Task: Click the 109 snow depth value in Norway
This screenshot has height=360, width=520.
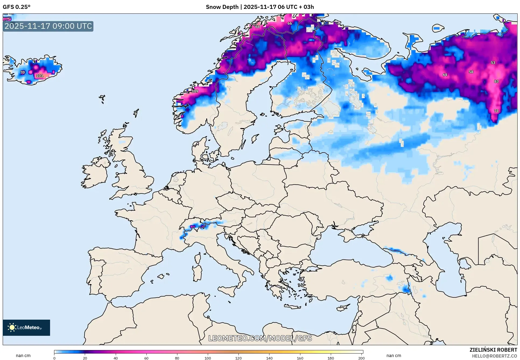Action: pos(195,91)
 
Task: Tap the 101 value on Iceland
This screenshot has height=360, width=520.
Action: pos(40,76)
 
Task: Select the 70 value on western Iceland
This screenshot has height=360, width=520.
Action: pos(23,72)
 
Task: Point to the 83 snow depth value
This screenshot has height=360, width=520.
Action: pos(496,81)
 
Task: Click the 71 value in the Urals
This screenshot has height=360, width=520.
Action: pos(496,111)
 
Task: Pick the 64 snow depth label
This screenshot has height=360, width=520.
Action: pos(445,75)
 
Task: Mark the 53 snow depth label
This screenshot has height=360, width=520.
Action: pos(493,63)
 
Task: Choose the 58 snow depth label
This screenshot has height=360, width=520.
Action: pos(471,72)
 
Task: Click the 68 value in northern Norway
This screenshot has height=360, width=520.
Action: pos(258,27)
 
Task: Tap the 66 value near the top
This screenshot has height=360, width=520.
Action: pos(290,23)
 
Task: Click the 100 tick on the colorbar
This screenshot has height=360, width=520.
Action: pos(208,358)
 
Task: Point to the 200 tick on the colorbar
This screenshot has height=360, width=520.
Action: pos(361,358)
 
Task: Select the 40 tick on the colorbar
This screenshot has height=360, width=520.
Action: pos(116,358)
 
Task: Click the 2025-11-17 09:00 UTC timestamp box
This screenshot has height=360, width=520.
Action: pos(48,26)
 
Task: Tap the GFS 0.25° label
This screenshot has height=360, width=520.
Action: pos(17,7)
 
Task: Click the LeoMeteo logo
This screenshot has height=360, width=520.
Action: pos(26,327)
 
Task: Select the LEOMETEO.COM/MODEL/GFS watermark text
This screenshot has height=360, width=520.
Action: pos(260,338)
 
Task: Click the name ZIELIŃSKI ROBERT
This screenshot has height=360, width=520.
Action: pos(493,350)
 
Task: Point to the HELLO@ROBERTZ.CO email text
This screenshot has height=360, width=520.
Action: pos(494,356)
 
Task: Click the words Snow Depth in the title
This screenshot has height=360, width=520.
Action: pos(222,7)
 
